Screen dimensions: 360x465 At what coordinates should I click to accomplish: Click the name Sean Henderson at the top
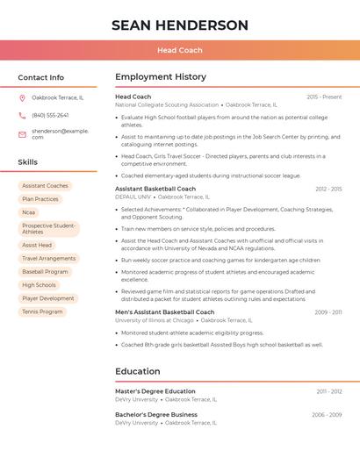(180, 25)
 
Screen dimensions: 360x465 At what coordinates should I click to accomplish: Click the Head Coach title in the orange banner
(180, 50)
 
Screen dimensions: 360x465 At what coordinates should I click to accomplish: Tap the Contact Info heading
(41, 77)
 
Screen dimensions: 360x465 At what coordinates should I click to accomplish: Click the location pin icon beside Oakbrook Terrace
(22, 97)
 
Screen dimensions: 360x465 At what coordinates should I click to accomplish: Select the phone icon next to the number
(22, 115)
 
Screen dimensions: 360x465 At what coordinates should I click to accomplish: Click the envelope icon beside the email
(22, 134)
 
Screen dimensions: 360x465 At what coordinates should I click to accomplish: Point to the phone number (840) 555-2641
(50, 115)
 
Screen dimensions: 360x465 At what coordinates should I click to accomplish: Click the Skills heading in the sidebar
(28, 162)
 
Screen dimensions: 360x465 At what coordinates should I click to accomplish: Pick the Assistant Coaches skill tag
(45, 186)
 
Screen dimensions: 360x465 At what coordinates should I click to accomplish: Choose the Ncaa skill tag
(29, 212)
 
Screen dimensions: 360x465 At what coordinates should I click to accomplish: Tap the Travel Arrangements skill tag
(49, 259)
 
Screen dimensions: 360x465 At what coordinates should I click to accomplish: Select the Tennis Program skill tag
(42, 311)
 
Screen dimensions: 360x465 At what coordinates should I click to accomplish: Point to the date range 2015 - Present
(324, 97)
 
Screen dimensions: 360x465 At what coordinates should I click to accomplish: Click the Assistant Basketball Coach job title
(155, 189)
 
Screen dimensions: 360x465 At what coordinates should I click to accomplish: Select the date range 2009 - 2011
(328, 312)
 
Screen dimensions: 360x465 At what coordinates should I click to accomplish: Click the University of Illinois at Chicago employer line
(155, 320)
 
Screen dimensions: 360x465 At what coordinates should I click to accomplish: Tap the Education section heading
(138, 371)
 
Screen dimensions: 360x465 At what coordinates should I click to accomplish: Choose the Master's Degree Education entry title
(155, 391)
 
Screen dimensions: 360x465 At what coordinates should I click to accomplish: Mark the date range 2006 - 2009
(327, 414)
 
